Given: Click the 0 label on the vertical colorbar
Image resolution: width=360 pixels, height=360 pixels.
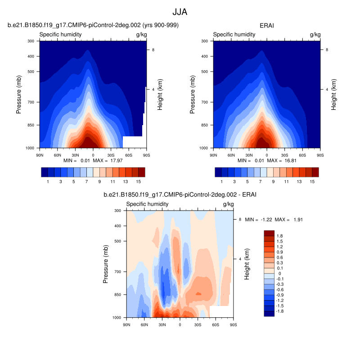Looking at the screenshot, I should pyautogui.click(x=279, y=274).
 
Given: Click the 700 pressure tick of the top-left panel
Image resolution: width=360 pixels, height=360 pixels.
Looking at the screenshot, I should pyautogui.click(x=32, y=102).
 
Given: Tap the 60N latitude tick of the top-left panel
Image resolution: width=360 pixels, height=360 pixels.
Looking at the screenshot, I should pyautogui.click(x=58, y=154).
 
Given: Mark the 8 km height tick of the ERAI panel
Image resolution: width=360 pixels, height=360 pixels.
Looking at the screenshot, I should pyautogui.click(x=327, y=50).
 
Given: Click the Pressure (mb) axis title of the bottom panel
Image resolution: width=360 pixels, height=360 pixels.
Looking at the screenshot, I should pyautogui.click(x=106, y=264).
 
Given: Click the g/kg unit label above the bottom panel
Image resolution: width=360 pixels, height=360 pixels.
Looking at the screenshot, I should pyautogui.click(x=228, y=204).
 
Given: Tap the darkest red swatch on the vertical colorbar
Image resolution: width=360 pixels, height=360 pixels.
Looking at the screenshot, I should pyautogui.click(x=269, y=233).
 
